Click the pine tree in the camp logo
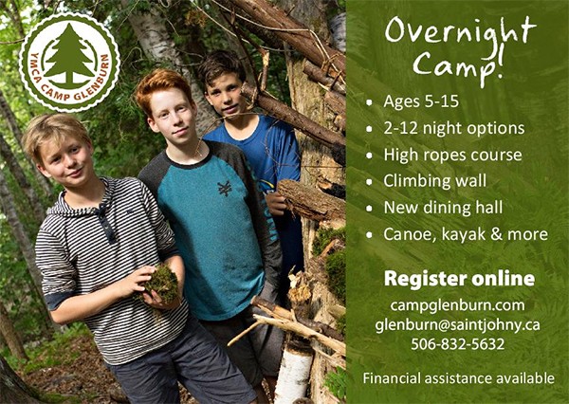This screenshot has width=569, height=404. pos(69,54)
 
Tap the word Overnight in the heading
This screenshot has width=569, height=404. pos(460,32)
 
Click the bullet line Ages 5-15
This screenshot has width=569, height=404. pos(421,101)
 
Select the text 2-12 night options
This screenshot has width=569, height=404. pos(454,128)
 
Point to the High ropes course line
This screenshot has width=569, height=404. pos(452,155)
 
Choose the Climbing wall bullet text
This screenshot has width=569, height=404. pos(434,181)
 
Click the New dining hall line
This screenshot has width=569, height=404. pos(443,208)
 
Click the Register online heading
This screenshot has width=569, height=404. pos(459,279)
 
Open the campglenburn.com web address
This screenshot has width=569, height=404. pos(458,305)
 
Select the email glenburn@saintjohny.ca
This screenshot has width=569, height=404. pos(458,324)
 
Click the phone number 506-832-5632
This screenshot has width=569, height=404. pos(458,344)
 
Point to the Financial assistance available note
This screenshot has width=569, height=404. pos(459,378)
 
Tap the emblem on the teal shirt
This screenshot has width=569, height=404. pos(225,189)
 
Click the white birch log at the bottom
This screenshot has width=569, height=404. pos(293,372)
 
